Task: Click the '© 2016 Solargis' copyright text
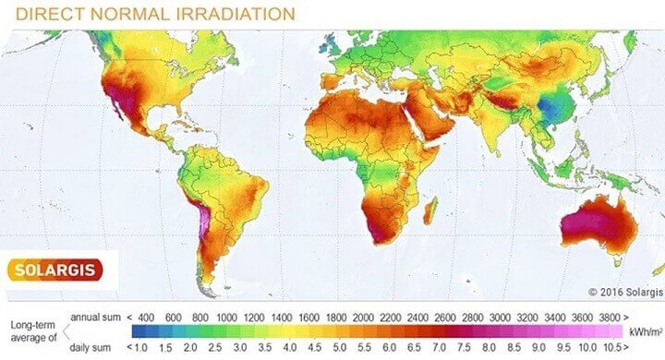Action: click(x=624, y=292)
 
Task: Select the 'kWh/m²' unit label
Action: click(x=647, y=330)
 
